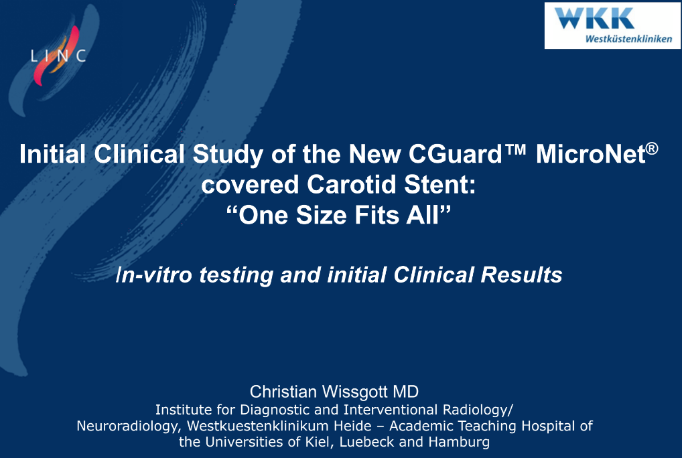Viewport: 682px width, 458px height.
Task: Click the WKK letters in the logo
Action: point(594,18)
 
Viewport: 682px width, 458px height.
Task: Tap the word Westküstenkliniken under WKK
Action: point(628,39)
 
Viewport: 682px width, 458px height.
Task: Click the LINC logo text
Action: point(58,56)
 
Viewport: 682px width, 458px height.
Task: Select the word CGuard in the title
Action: point(455,154)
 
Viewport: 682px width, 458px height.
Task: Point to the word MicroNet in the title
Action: point(591,154)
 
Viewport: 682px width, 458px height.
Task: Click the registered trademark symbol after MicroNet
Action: point(652,149)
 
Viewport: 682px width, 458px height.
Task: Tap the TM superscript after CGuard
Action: point(516,151)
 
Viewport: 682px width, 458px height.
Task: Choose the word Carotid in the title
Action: point(352,184)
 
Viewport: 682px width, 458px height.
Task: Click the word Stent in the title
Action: point(439,184)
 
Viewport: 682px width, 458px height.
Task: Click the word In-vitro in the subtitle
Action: point(154,275)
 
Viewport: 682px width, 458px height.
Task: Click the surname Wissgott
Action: point(354,392)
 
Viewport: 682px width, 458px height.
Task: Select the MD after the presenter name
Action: point(406,392)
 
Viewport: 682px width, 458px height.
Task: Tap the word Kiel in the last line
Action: point(320,442)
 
